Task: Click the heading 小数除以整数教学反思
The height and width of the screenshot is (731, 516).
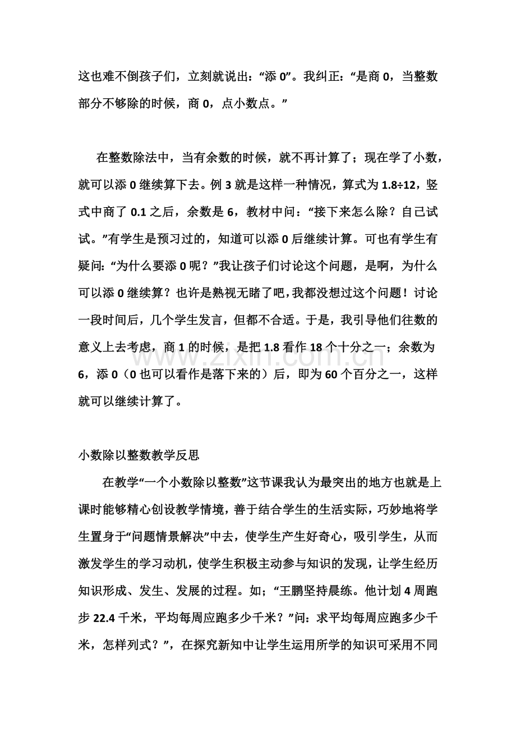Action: pos(139,455)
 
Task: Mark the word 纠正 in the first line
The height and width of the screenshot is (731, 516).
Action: pos(336,76)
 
